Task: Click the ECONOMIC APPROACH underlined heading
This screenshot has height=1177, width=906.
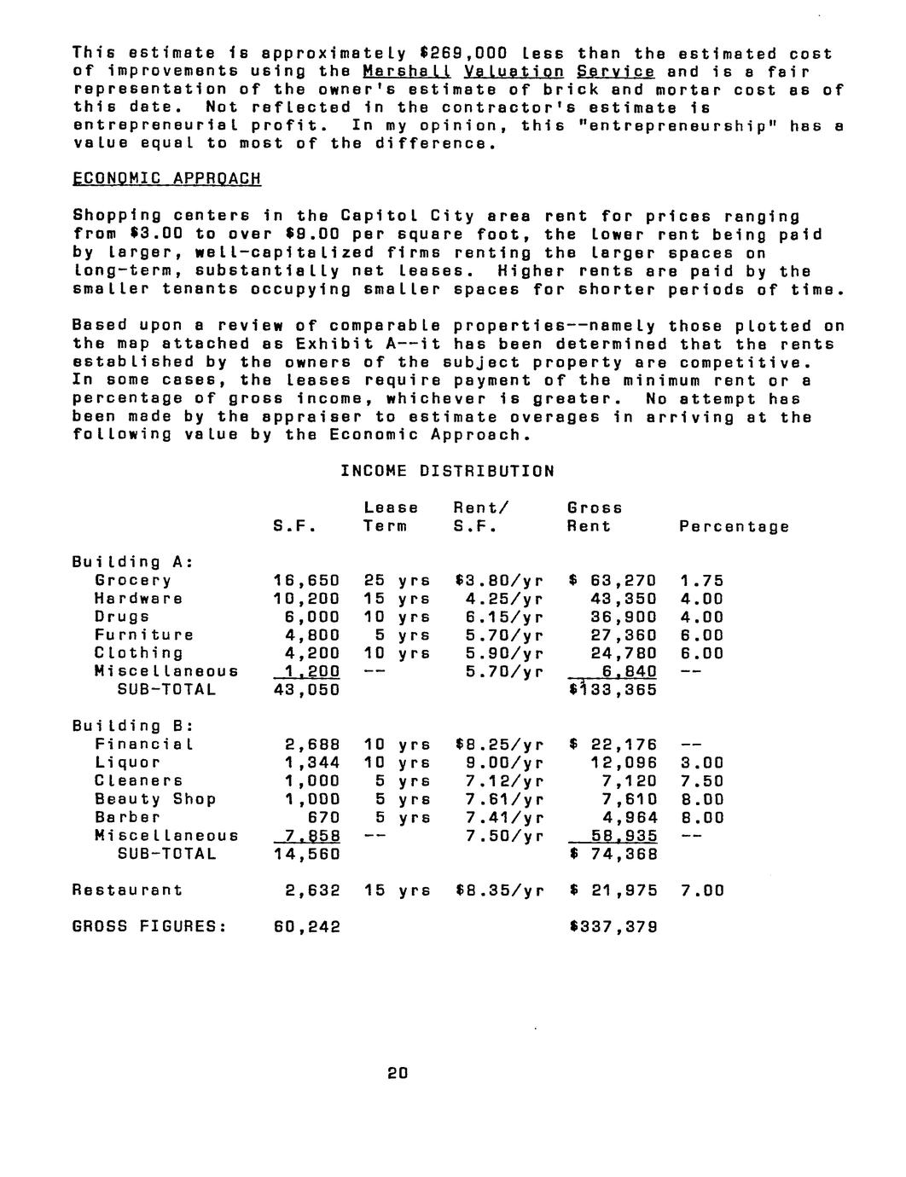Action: click(x=166, y=179)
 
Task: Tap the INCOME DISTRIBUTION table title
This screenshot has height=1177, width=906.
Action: click(x=447, y=471)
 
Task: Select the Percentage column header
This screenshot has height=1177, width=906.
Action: click(x=734, y=526)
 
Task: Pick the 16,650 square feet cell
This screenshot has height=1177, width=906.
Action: click(x=306, y=581)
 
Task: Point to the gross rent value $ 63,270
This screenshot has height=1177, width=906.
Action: click(x=612, y=581)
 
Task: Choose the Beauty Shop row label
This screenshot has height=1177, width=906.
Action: click(x=154, y=799)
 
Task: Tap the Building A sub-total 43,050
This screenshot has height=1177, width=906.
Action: click(x=306, y=690)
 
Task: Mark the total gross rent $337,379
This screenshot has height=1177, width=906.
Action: click(x=612, y=927)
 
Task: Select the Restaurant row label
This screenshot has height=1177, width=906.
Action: click(x=127, y=890)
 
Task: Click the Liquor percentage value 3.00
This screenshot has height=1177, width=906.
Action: click(x=701, y=762)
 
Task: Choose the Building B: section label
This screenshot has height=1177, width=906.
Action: click(x=132, y=726)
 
